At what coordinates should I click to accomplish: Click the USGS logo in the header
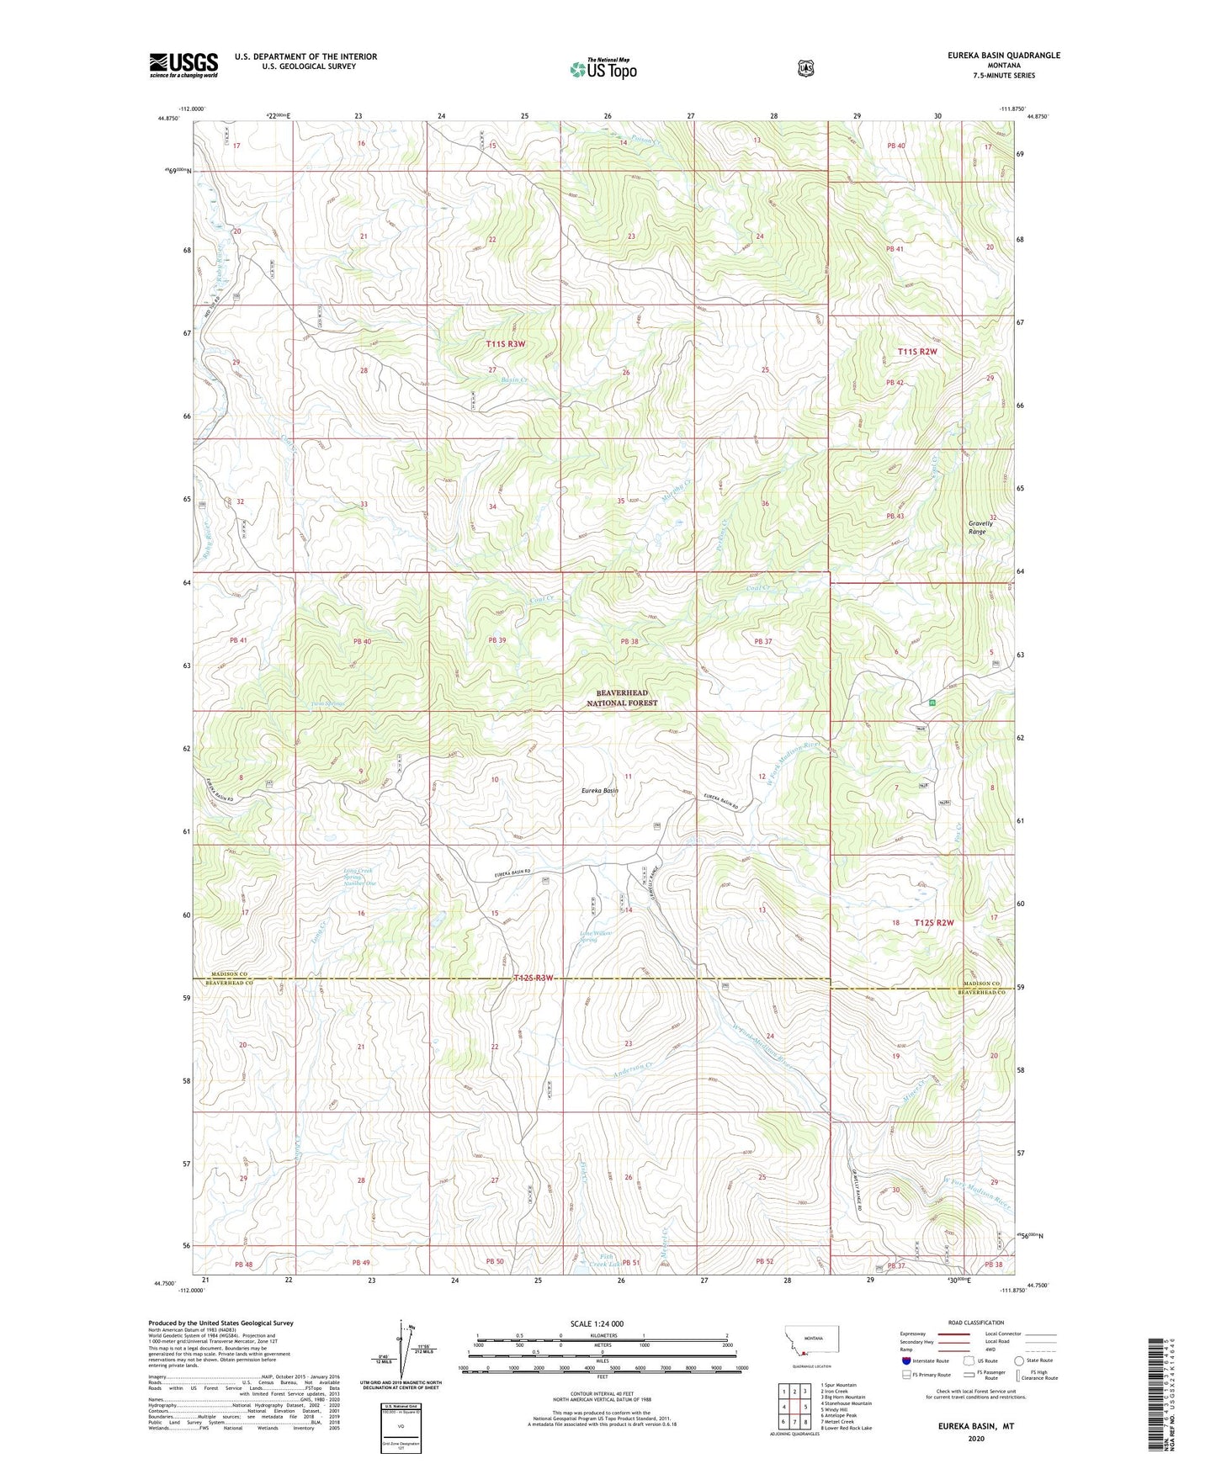183,65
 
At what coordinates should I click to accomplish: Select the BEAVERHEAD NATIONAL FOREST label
622,697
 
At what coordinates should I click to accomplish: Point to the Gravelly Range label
980,528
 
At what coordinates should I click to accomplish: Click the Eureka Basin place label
600,791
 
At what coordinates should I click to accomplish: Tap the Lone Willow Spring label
597,936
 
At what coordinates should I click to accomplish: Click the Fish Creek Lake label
603,1260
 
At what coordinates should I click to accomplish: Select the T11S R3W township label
505,344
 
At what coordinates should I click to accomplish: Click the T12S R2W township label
935,922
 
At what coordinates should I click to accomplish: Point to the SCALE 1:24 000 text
597,1323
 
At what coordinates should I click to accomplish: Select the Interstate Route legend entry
923,1360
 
